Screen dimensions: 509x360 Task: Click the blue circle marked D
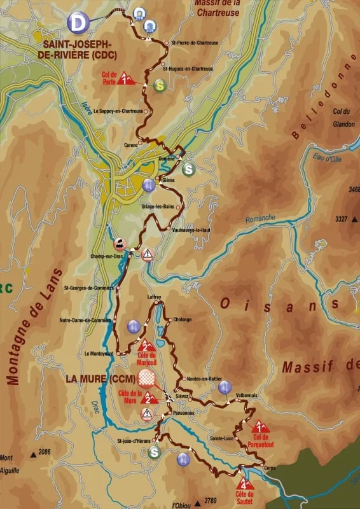click(78, 24)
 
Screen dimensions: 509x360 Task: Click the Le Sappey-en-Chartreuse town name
click(118, 111)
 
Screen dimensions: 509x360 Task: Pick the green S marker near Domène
click(188, 169)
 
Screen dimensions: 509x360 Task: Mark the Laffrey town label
click(154, 297)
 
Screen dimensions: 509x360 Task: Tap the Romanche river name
click(261, 218)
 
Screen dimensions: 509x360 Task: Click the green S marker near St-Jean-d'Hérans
click(154, 452)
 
